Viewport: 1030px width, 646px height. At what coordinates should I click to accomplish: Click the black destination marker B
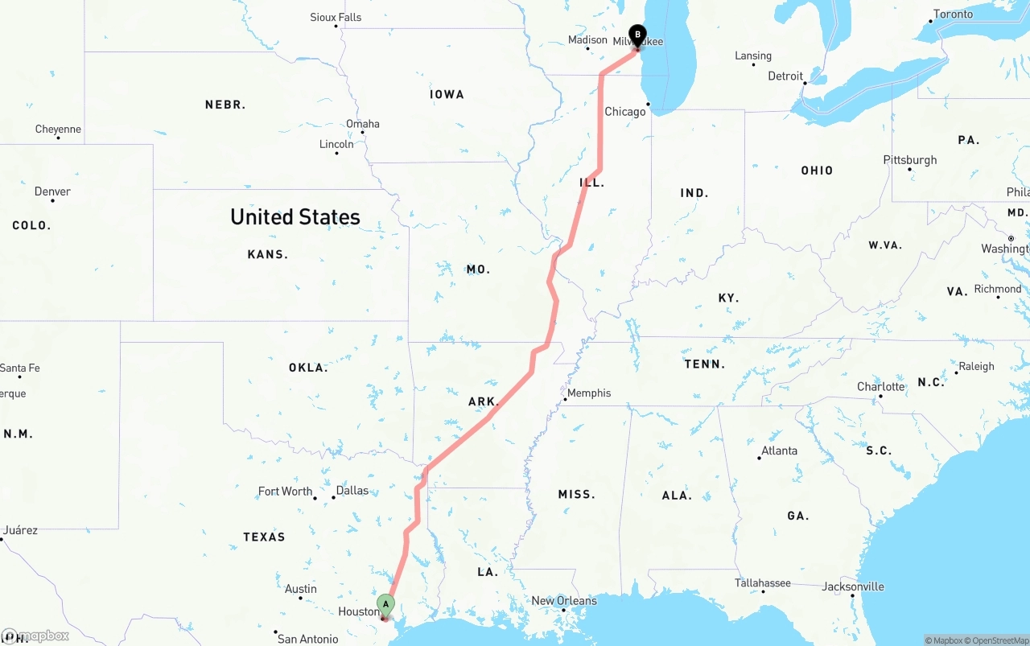[x=637, y=35]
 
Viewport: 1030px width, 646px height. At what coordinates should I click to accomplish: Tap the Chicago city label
[x=625, y=112]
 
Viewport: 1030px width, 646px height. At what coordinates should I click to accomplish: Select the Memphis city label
[x=589, y=393]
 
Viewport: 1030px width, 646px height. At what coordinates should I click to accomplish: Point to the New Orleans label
[x=564, y=601]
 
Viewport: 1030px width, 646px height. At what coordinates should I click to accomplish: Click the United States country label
[x=295, y=216]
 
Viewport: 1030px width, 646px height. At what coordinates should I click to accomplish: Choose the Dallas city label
[x=352, y=491]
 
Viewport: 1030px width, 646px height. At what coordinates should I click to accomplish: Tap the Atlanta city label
[x=780, y=451]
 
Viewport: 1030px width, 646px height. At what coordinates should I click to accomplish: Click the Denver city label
[x=52, y=191]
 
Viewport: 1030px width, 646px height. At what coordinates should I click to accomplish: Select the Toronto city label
[x=953, y=14]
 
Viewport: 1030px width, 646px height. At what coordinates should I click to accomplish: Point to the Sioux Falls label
[x=336, y=17]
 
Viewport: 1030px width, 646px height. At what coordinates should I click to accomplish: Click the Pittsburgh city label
[x=910, y=160]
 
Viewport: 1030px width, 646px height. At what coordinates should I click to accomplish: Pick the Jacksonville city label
[x=853, y=586]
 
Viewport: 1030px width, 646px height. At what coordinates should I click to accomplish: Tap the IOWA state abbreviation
[x=447, y=95]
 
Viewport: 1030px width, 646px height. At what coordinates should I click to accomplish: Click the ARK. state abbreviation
[x=484, y=401]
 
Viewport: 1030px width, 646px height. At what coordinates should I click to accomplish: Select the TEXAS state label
[x=264, y=537]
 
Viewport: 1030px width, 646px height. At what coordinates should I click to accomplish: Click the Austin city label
[x=300, y=589]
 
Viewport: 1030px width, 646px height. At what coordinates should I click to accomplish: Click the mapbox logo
[x=36, y=636]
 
